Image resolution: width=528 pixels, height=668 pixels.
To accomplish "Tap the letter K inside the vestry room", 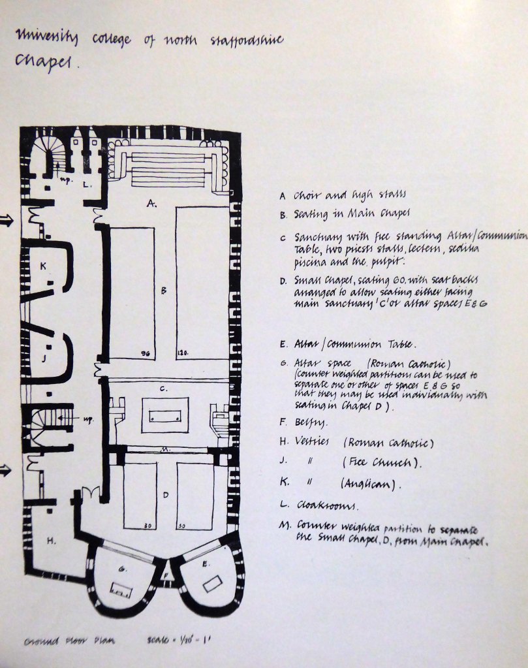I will tap(43, 266).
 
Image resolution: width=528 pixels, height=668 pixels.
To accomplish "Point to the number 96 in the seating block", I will tap(146, 353).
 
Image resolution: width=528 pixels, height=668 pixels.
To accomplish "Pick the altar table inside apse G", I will tap(121, 591).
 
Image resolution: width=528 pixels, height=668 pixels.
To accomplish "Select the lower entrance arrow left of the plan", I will tap(7, 469).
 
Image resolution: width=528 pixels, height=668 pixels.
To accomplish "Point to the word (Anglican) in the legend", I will tap(370, 485).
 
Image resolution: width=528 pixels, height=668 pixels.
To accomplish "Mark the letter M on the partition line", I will tap(166, 450).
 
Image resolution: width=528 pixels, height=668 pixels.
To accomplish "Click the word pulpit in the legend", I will tap(390, 262).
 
